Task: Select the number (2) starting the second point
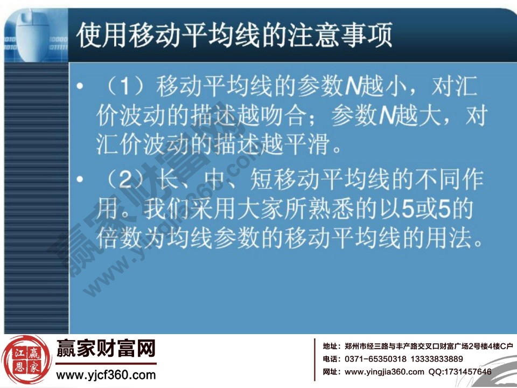124,182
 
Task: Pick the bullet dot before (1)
81,88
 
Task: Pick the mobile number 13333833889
436,359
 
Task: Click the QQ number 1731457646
467,372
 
